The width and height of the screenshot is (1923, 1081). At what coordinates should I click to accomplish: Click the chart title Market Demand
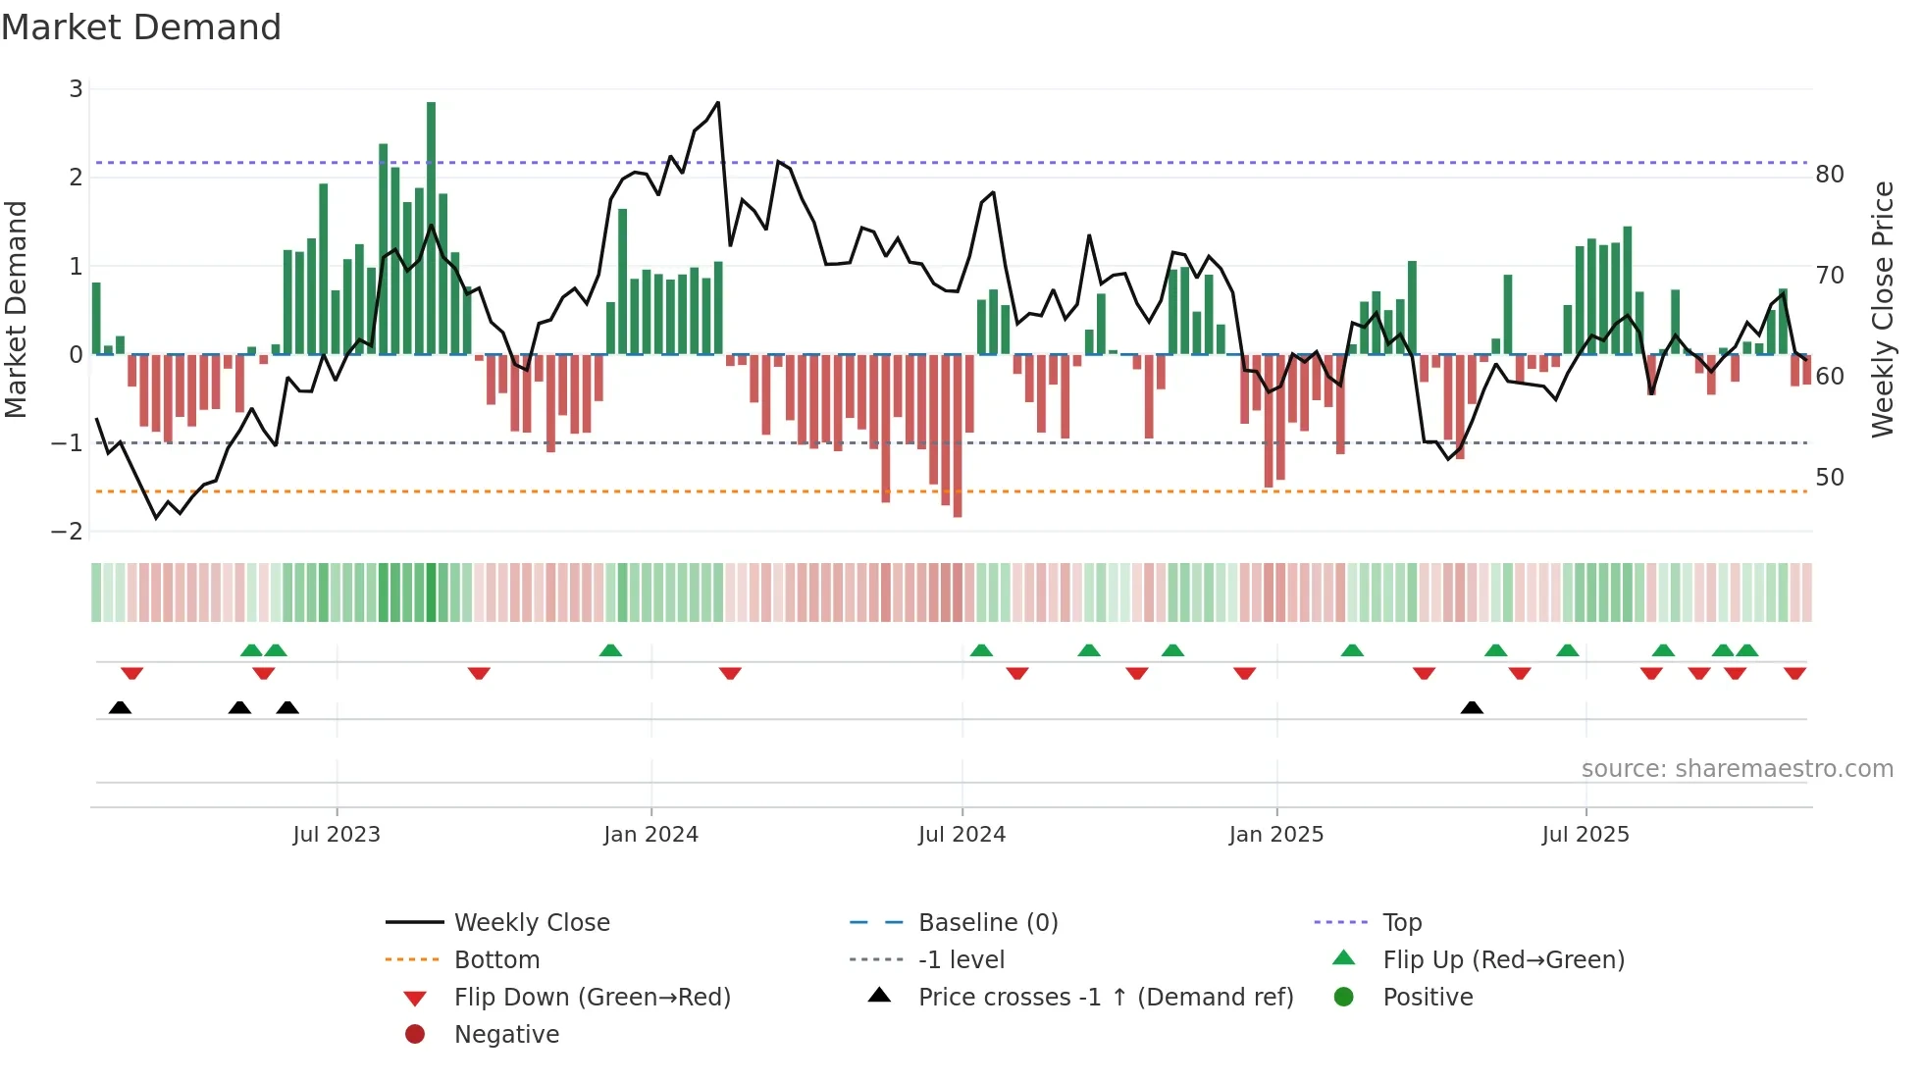[x=141, y=27]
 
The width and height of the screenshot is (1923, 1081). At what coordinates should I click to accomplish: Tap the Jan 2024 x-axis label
[x=650, y=835]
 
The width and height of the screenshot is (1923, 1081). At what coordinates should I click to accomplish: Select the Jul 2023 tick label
[x=337, y=835]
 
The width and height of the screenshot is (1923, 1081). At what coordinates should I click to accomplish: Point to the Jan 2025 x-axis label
[x=1275, y=835]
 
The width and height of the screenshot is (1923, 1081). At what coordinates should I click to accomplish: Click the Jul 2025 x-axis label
[x=1585, y=835]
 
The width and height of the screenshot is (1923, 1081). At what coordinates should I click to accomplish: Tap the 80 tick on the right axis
[x=1830, y=175]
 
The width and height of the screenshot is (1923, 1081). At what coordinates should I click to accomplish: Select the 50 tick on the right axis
[x=1830, y=478]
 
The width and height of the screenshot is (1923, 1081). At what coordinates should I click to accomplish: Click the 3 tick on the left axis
[x=76, y=89]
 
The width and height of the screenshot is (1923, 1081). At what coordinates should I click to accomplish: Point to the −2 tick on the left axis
[x=68, y=532]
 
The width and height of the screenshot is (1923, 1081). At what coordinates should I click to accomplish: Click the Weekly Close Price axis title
[x=1882, y=309]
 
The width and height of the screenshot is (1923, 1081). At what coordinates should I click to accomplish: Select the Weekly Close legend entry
[x=531, y=923]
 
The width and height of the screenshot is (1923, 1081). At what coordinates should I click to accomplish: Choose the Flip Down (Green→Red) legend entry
[x=592, y=998]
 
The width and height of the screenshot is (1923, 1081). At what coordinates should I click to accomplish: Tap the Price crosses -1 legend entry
[x=1105, y=998]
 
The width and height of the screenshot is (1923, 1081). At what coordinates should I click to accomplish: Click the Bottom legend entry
[x=496, y=960]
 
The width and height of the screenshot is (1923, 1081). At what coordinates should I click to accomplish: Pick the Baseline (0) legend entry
[x=987, y=923]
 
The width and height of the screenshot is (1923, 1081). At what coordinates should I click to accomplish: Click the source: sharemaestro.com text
[x=1737, y=769]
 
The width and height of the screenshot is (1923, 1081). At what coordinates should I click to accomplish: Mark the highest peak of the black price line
[x=718, y=103]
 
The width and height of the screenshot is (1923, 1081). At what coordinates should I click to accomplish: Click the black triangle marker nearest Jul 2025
[x=1472, y=708]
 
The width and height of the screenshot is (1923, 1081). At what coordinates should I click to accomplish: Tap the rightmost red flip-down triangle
[x=1795, y=674]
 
